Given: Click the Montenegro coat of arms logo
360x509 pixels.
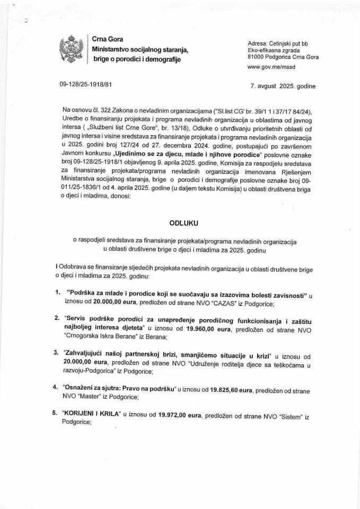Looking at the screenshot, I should pos(72,48).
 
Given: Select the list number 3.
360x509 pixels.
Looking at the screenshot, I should pos(57,353).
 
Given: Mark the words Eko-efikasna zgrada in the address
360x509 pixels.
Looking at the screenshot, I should pos(275,50).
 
